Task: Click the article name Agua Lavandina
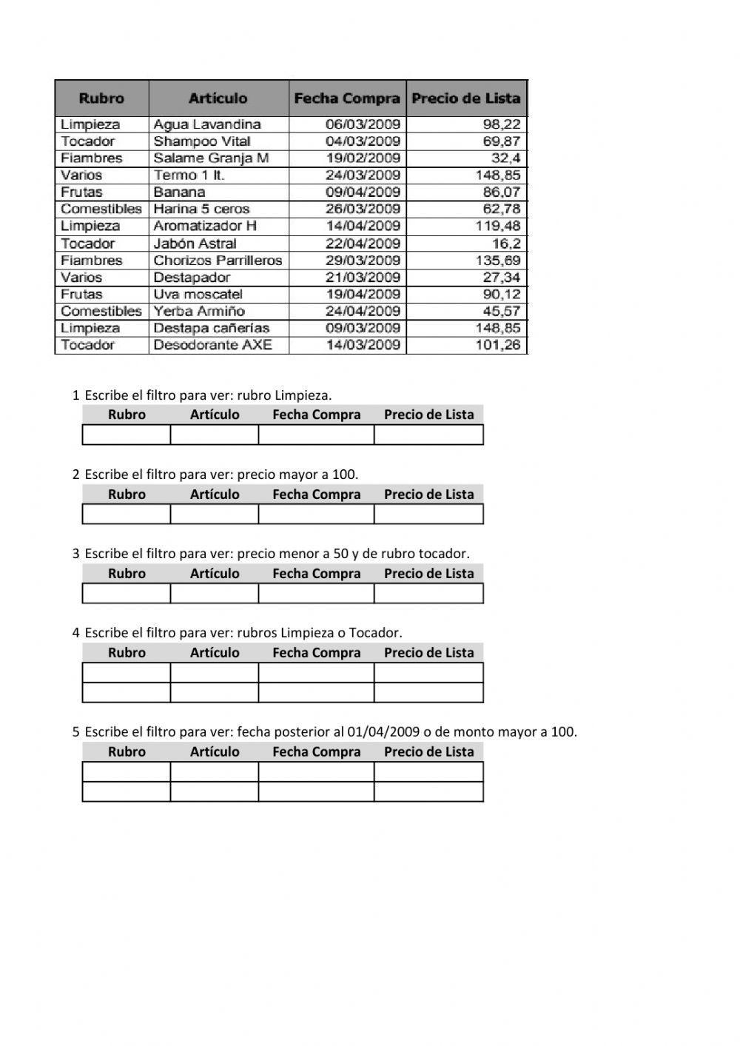(207, 124)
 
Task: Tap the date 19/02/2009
(363, 158)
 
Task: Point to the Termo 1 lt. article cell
(189, 175)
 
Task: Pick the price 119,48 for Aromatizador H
(497, 227)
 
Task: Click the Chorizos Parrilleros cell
(218, 261)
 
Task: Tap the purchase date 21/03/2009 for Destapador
(363, 278)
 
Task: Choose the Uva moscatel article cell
(198, 295)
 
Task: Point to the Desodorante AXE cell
(212, 345)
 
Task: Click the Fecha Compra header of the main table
(347, 98)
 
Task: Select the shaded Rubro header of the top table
(101, 98)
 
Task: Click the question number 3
(75, 554)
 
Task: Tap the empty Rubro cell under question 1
(127, 435)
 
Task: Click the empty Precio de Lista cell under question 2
(428, 514)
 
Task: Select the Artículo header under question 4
(215, 653)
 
